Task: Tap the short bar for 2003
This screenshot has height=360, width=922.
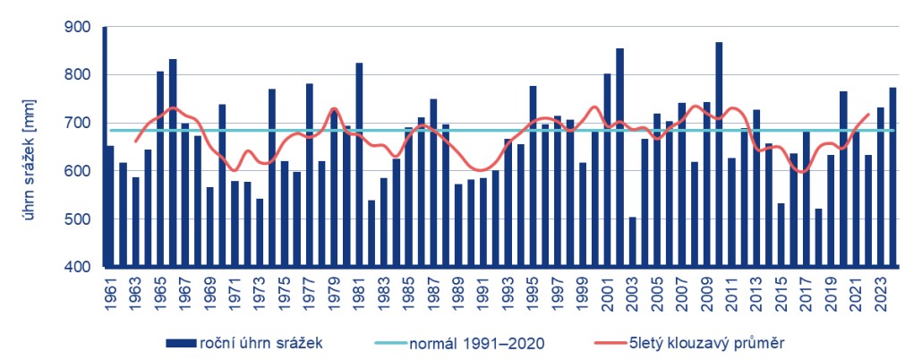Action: pyautogui.click(x=632, y=242)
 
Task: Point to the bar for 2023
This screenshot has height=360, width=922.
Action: pyautogui.click(x=881, y=187)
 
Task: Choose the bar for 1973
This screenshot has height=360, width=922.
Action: pyautogui.click(x=260, y=233)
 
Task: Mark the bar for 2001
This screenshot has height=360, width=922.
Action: pyautogui.click(x=607, y=170)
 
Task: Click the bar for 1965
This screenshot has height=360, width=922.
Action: pyautogui.click(x=160, y=169)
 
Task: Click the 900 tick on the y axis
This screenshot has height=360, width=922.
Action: pyautogui.click(x=78, y=27)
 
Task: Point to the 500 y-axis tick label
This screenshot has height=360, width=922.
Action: pyautogui.click(x=78, y=219)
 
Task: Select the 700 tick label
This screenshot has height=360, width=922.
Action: pyautogui.click(x=78, y=124)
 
